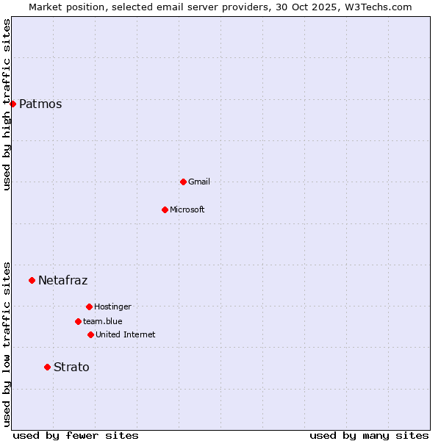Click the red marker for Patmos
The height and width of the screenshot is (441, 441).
(12, 104)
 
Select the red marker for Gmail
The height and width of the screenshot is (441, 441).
(183, 182)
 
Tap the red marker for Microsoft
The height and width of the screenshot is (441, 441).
(165, 209)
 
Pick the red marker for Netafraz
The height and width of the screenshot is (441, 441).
(32, 280)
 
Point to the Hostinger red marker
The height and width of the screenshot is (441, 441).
(89, 306)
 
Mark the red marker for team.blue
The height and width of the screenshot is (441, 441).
(78, 321)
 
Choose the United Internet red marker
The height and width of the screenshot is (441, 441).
(90, 334)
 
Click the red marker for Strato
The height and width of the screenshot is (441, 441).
(47, 367)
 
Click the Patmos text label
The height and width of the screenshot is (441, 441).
(40, 104)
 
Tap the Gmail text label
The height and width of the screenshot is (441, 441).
(199, 182)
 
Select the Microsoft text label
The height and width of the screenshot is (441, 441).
(187, 209)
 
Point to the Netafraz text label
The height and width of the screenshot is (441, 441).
(63, 280)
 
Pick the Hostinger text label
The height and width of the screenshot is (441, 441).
(112, 306)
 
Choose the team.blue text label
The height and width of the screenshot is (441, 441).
(103, 321)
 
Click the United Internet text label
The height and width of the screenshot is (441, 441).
(126, 334)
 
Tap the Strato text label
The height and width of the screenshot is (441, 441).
(71, 367)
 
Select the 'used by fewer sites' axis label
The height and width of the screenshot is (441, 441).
(76, 435)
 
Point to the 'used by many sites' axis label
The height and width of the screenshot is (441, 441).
(369, 435)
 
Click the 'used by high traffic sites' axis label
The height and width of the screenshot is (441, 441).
(7, 104)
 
